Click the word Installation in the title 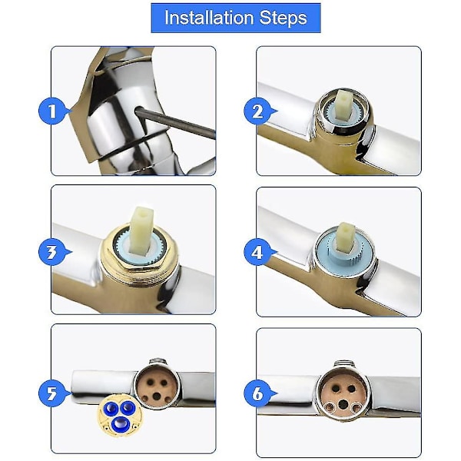coord(209,18)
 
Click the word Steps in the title coord(283,18)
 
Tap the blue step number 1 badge coord(52,111)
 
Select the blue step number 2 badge coord(257,111)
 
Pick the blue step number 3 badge coord(52,252)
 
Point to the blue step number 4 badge coord(257,252)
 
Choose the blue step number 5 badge coord(52,393)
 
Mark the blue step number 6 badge coord(257,393)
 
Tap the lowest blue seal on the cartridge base coord(120,423)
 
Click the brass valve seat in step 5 coord(156,387)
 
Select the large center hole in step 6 coord(343,404)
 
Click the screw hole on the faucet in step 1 coord(138,110)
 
